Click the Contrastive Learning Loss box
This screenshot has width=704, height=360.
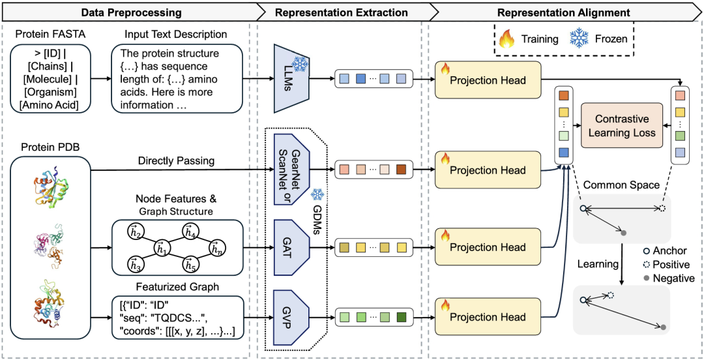(x=621, y=126)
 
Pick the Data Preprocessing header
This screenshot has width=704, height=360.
(x=131, y=12)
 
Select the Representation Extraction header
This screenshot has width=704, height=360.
(x=342, y=12)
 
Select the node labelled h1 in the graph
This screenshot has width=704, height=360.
(x=161, y=247)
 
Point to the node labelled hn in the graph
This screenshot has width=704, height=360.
(x=217, y=247)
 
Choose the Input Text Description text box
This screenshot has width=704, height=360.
(x=177, y=80)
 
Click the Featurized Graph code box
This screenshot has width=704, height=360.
(x=177, y=318)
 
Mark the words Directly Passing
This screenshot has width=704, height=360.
(x=182, y=159)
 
